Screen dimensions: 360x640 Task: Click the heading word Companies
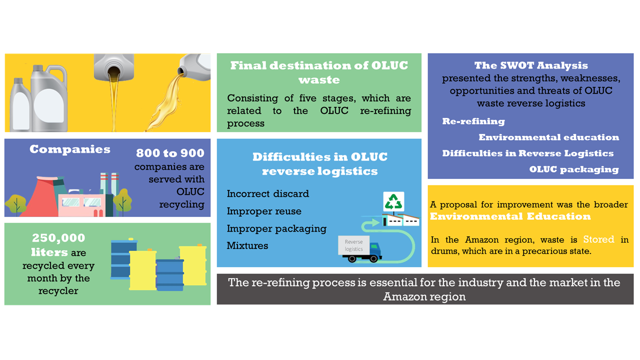pyautogui.click(x=70, y=149)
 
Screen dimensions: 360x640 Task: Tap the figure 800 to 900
pyautogui.click(x=170, y=153)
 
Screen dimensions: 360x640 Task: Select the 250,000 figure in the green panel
pyautogui.click(x=58, y=238)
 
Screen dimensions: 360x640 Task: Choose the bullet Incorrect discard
pyautogui.click(x=267, y=193)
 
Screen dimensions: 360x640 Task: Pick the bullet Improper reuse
pyautogui.click(x=264, y=211)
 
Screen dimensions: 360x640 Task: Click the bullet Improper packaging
pyautogui.click(x=276, y=228)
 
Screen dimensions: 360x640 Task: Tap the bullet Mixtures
pyautogui.click(x=247, y=245)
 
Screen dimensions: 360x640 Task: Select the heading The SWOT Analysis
pyautogui.click(x=531, y=65)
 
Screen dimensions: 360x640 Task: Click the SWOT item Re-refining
pyautogui.click(x=473, y=121)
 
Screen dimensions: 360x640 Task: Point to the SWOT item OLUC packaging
pyautogui.click(x=574, y=169)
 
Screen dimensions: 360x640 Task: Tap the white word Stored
pyautogui.click(x=598, y=239)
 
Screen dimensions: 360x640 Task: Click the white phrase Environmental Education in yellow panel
pyautogui.click(x=510, y=216)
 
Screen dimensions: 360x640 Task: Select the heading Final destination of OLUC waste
pyautogui.click(x=319, y=72)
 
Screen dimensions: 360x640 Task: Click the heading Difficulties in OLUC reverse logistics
pyautogui.click(x=319, y=164)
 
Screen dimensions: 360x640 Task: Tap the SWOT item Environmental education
pyautogui.click(x=548, y=137)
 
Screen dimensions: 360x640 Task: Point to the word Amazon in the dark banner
pyautogui.click(x=404, y=296)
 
